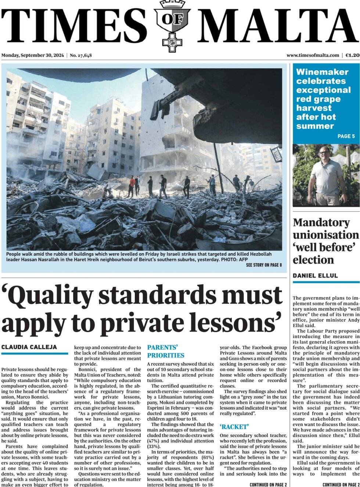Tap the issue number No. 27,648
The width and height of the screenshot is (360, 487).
click(x=81, y=55)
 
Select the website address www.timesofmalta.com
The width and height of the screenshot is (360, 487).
click(x=313, y=55)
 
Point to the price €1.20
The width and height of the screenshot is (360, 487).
click(x=352, y=55)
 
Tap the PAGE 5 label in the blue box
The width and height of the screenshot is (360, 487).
click(x=346, y=136)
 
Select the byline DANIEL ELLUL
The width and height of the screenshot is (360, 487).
click(x=315, y=276)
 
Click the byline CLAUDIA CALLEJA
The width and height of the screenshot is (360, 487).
click(x=29, y=347)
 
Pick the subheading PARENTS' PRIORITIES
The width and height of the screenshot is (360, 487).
click(x=166, y=351)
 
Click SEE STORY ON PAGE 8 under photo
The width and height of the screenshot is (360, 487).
click(x=264, y=265)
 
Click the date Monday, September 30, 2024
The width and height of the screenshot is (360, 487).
click(x=33, y=55)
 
